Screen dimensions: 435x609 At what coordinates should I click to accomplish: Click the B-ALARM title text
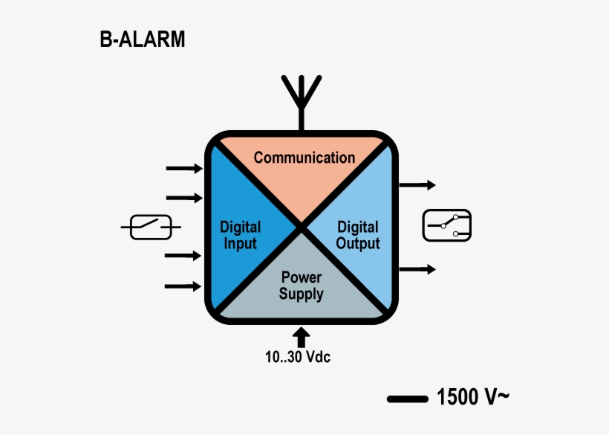pos(143,39)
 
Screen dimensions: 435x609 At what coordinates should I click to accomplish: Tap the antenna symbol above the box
pos(301,100)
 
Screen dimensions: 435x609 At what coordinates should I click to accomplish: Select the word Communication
pos(304,158)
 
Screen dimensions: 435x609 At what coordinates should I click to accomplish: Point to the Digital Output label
pos(358,235)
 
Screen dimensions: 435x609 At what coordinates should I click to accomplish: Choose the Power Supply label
pos(301,286)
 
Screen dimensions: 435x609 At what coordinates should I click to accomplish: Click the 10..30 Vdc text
pos(298,357)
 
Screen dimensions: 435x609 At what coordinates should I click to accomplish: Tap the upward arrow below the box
pos(301,336)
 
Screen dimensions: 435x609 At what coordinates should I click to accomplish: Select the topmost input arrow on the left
pos(183,169)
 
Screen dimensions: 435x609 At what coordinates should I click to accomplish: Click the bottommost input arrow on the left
pos(183,286)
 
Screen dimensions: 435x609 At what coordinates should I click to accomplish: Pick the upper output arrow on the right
pos(418,185)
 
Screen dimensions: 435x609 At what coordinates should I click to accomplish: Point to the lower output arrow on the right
pos(418,269)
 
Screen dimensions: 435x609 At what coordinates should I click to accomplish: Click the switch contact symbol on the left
pos(151,227)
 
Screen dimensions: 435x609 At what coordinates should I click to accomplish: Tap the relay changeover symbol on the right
pos(447,225)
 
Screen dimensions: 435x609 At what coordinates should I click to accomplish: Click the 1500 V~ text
pos(473,398)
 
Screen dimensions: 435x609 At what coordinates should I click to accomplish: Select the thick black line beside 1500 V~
pos(408,399)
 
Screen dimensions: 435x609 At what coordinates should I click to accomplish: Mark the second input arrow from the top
pos(183,198)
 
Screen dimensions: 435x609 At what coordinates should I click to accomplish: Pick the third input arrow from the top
pos(183,256)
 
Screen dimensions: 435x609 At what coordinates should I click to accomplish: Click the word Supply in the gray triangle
pos(301,294)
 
